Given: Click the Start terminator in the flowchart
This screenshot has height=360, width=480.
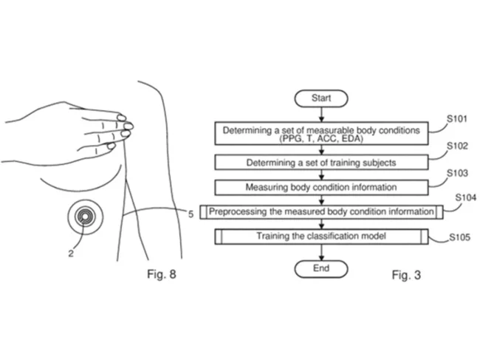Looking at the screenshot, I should [320, 97].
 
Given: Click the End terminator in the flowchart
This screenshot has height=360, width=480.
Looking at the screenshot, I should [320, 268].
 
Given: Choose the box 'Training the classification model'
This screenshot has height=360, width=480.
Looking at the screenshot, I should [320, 237].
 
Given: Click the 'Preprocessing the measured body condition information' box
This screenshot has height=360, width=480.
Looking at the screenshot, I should [320, 211].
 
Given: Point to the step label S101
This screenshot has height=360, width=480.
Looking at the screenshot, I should [456, 118].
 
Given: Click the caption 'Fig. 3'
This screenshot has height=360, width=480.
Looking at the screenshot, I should [406, 275].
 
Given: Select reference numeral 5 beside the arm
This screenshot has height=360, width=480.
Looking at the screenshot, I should [190, 214].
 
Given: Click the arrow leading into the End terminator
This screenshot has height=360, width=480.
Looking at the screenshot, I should [320, 252].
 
